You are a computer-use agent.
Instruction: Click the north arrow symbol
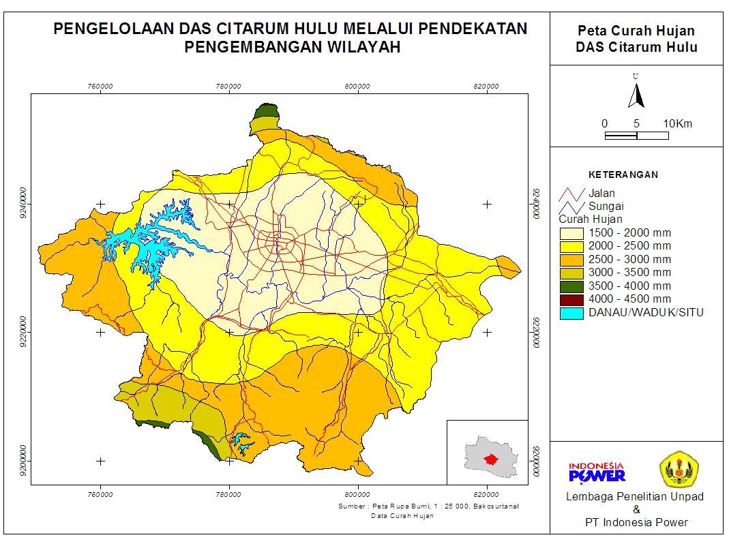[x=636, y=95]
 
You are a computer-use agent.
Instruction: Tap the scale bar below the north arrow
[x=636, y=136]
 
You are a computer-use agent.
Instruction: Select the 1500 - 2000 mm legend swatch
[x=571, y=233]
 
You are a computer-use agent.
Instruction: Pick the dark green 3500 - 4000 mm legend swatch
[x=571, y=286]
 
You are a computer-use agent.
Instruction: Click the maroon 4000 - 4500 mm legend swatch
[x=571, y=299]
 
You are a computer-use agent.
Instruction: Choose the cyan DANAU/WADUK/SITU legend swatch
[x=571, y=313]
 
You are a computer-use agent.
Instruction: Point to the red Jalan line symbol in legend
[x=571, y=194]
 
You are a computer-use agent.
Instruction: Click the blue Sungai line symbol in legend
[x=571, y=207]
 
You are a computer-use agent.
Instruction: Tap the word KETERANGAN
[x=623, y=175]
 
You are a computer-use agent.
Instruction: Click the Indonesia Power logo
[x=597, y=471]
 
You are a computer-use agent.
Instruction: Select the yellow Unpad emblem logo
[x=679, y=470]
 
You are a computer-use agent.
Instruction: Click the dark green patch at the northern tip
[x=265, y=112]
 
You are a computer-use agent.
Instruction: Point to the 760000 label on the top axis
[x=100, y=87]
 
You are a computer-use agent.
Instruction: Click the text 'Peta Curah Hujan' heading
[x=636, y=31]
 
